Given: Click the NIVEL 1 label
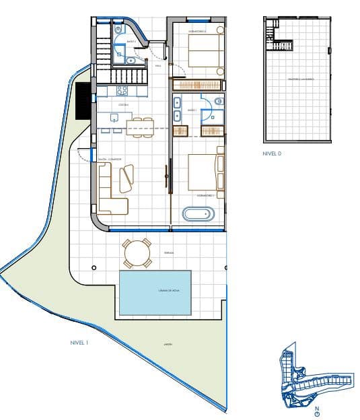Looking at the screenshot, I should point(79,343).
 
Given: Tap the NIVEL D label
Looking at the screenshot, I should point(272,153).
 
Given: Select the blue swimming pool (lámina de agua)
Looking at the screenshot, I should point(154,291).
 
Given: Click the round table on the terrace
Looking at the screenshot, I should point(138,254).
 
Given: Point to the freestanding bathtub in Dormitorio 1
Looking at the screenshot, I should point(199,215).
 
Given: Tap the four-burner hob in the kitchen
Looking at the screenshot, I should point(123,90).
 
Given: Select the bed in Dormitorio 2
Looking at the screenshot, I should point(203,50).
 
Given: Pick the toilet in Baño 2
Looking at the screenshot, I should point(118,30).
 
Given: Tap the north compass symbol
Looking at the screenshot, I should point(316,411).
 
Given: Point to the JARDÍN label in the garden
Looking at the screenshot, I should point(168,344).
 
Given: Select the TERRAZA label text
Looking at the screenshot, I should point(168,253).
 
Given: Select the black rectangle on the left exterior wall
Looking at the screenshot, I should point(83,100).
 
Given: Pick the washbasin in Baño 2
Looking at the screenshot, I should point(132,60).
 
